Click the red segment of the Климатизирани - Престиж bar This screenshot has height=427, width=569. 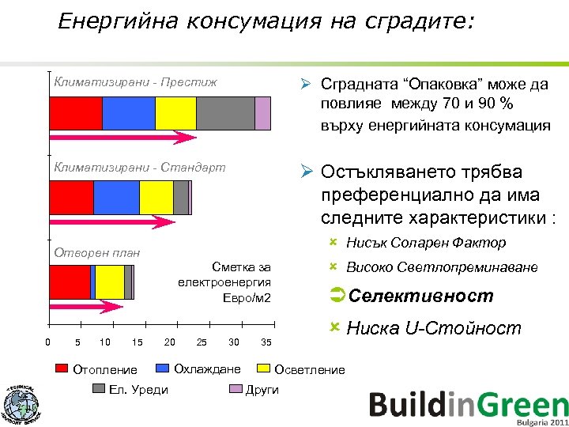[x=75, y=113]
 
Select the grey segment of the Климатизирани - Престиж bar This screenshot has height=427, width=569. [x=225, y=113]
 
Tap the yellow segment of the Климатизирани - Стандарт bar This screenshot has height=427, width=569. [x=156, y=198]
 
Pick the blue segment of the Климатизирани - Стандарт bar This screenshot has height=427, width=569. [x=116, y=198]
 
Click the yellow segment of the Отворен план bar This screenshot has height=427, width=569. [x=110, y=282]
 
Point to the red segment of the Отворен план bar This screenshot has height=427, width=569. [x=70, y=282]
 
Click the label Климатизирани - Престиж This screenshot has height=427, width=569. [x=134, y=81]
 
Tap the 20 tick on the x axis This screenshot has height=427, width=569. [x=169, y=342]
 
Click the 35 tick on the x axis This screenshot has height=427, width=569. [x=266, y=342]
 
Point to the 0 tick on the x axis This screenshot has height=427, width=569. [x=48, y=342]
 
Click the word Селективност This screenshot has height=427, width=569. [x=420, y=296]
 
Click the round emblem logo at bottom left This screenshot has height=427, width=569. [x=21, y=404]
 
